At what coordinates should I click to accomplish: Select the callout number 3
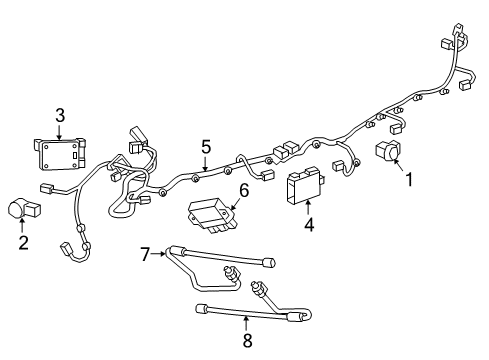[60, 116]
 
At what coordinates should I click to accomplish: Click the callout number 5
[205, 147]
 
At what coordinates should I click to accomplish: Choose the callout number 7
[144, 256]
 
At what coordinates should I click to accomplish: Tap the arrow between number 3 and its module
[60, 131]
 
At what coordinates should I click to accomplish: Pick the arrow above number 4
[309, 209]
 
